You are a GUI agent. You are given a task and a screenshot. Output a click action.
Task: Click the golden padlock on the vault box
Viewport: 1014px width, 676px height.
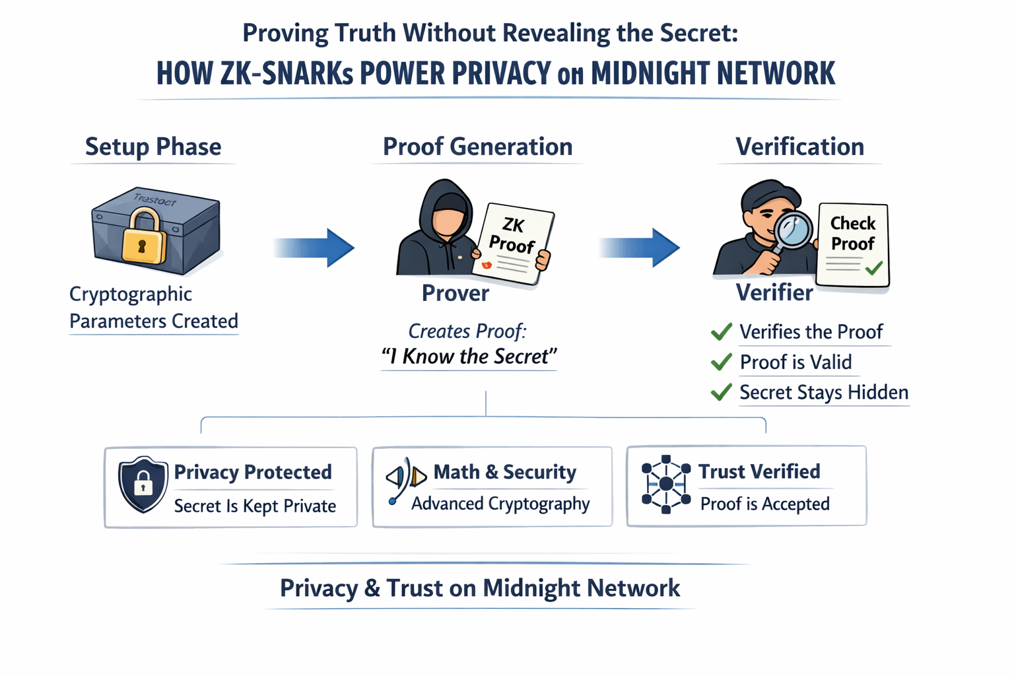(x=143, y=238)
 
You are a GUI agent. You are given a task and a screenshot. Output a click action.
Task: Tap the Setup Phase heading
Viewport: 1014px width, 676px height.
(x=153, y=147)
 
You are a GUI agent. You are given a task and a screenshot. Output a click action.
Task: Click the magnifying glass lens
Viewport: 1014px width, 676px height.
(x=794, y=229)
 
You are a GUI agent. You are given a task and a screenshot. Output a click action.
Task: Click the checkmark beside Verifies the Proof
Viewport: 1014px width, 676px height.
(x=722, y=331)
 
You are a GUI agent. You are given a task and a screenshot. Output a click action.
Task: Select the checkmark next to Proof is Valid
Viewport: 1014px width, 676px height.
(x=722, y=362)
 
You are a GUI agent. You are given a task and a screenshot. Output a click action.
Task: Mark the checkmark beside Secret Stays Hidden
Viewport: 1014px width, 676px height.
(x=722, y=392)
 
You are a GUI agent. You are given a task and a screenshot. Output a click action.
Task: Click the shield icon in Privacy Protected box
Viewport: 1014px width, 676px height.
(x=143, y=485)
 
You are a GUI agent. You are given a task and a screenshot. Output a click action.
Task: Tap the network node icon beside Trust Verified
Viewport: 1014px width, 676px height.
(x=666, y=484)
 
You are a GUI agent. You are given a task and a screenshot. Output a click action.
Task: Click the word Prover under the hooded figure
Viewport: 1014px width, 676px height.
(x=456, y=293)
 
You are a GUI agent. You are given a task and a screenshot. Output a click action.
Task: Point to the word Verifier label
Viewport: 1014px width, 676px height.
(x=774, y=292)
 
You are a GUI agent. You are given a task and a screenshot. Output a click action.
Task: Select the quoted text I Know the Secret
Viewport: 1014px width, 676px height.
(x=469, y=356)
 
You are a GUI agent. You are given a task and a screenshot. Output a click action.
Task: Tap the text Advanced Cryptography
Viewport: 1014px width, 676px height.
(x=500, y=504)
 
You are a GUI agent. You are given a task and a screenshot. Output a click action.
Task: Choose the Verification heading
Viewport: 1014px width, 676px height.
(x=799, y=147)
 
